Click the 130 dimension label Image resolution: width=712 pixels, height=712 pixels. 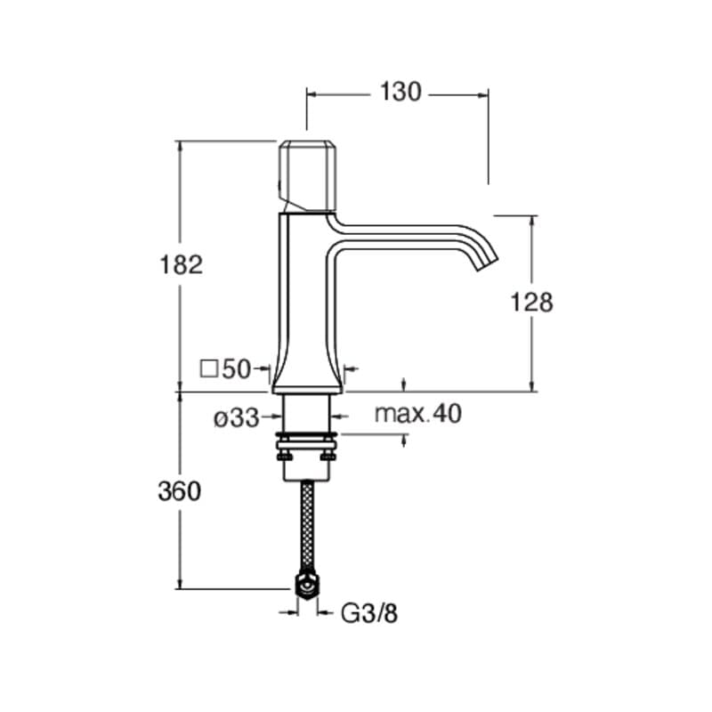coord(400,93)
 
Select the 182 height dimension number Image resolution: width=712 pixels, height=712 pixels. coord(181,264)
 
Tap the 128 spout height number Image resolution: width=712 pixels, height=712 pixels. coord(531,302)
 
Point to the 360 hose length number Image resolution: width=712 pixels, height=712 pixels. coord(180,491)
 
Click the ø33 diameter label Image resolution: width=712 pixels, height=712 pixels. coord(236,417)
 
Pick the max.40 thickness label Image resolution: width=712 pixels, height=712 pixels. coord(417,414)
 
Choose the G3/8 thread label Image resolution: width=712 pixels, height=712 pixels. coord(368,613)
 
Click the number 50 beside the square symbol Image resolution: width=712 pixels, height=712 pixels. coord(236,368)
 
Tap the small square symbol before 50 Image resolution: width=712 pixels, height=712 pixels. coord(208,368)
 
